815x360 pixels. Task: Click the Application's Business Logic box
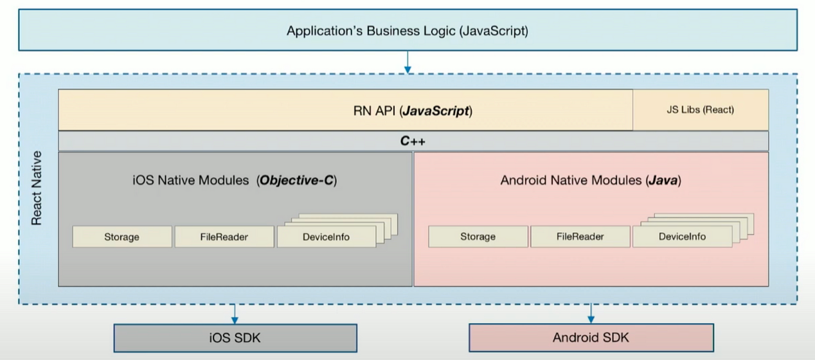pyautogui.click(x=407, y=31)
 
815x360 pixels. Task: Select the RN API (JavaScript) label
pyautogui.click(x=413, y=110)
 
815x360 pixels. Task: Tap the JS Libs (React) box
pyautogui.click(x=700, y=110)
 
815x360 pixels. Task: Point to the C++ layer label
pyautogui.click(x=413, y=141)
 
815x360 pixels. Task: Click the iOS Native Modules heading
pyautogui.click(x=234, y=181)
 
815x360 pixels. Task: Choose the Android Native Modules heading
pyautogui.click(x=591, y=181)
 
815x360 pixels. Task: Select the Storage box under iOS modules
pyautogui.click(x=121, y=237)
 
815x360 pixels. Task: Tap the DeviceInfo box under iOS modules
pyautogui.click(x=326, y=237)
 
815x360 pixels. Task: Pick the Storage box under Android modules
pyautogui.click(x=478, y=237)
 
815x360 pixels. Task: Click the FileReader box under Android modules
pyautogui.click(x=580, y=237)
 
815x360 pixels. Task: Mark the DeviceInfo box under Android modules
pyautogui.click(x=682, y=237)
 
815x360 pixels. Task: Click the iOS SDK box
pyautogui.click(x=235, y=337)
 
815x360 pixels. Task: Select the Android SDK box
pyautogui.click(x=591, y=337)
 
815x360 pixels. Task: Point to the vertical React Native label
pyautogui.click(x=37, y=188)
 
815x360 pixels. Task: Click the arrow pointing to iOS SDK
pyautogui.click(x=235, y=314)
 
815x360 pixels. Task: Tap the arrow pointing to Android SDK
pyautogui.click(x=591, y=314)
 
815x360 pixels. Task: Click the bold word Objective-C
pyautogui.click(x=296, y=181)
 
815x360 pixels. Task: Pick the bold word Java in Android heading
pyautogui.click(x=663, y=181)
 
